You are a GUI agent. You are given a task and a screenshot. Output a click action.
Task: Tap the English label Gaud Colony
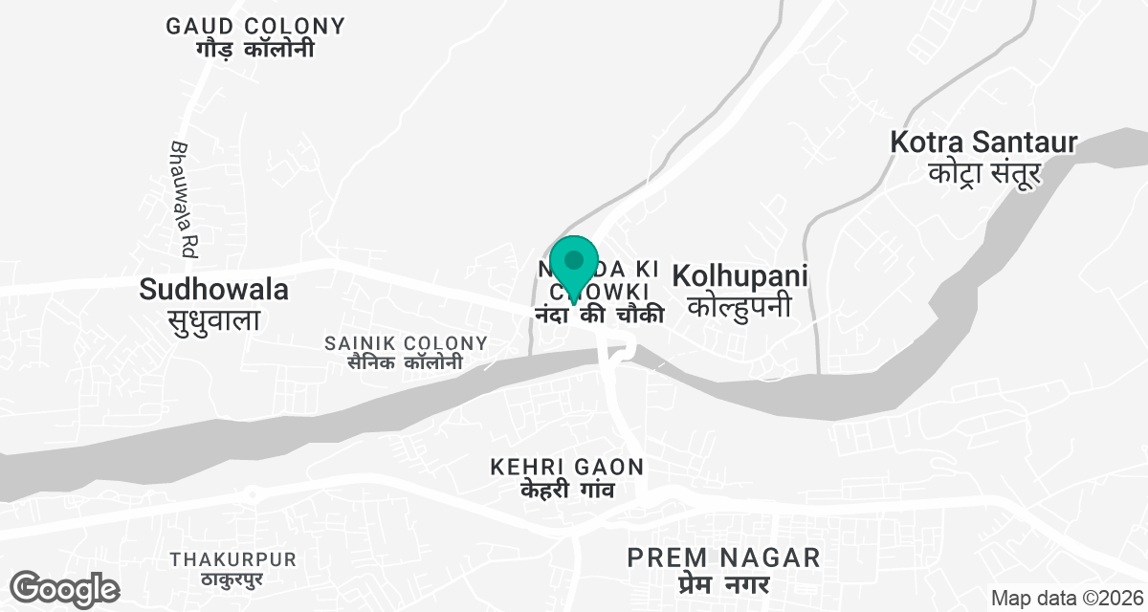coord(255,26)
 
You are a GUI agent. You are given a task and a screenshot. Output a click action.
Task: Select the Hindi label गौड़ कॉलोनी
coord(255,50)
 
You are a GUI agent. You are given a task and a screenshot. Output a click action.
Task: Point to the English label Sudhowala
coord(214,288)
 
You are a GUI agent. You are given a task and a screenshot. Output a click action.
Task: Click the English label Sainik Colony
coord(407,342)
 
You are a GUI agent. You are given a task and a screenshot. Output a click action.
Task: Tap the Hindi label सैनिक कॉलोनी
coord(393,362)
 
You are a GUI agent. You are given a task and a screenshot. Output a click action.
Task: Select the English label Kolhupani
coord(740,276)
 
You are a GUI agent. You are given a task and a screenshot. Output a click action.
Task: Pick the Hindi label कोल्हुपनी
coord(740,307)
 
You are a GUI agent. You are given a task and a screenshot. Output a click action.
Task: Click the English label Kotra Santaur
coord(983,143)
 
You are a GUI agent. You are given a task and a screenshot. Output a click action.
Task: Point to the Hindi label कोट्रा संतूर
coord(984,174)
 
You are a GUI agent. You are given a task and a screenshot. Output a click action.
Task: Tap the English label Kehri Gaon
coord(567,468)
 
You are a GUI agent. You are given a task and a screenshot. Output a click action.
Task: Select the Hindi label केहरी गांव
coord(566,491)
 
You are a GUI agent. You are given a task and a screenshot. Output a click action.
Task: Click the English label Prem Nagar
coord(724,557)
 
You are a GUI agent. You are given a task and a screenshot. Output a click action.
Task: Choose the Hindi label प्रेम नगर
coord(724,582)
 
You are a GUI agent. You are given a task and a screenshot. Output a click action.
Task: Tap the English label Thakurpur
coord(233,559)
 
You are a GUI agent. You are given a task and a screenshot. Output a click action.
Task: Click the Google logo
coord(64,588)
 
